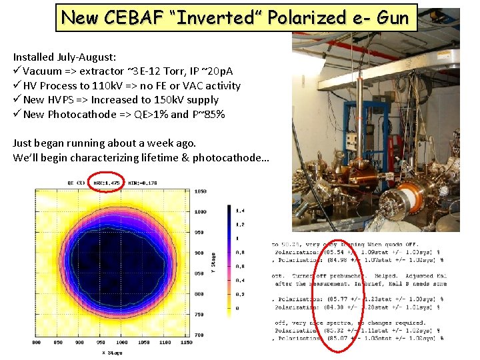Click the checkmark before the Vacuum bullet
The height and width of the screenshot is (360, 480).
click(x=17, y=71)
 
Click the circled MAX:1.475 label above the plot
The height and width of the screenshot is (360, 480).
click(x=105, y=182)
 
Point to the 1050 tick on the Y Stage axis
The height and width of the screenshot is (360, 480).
click(x=201, y=191)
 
